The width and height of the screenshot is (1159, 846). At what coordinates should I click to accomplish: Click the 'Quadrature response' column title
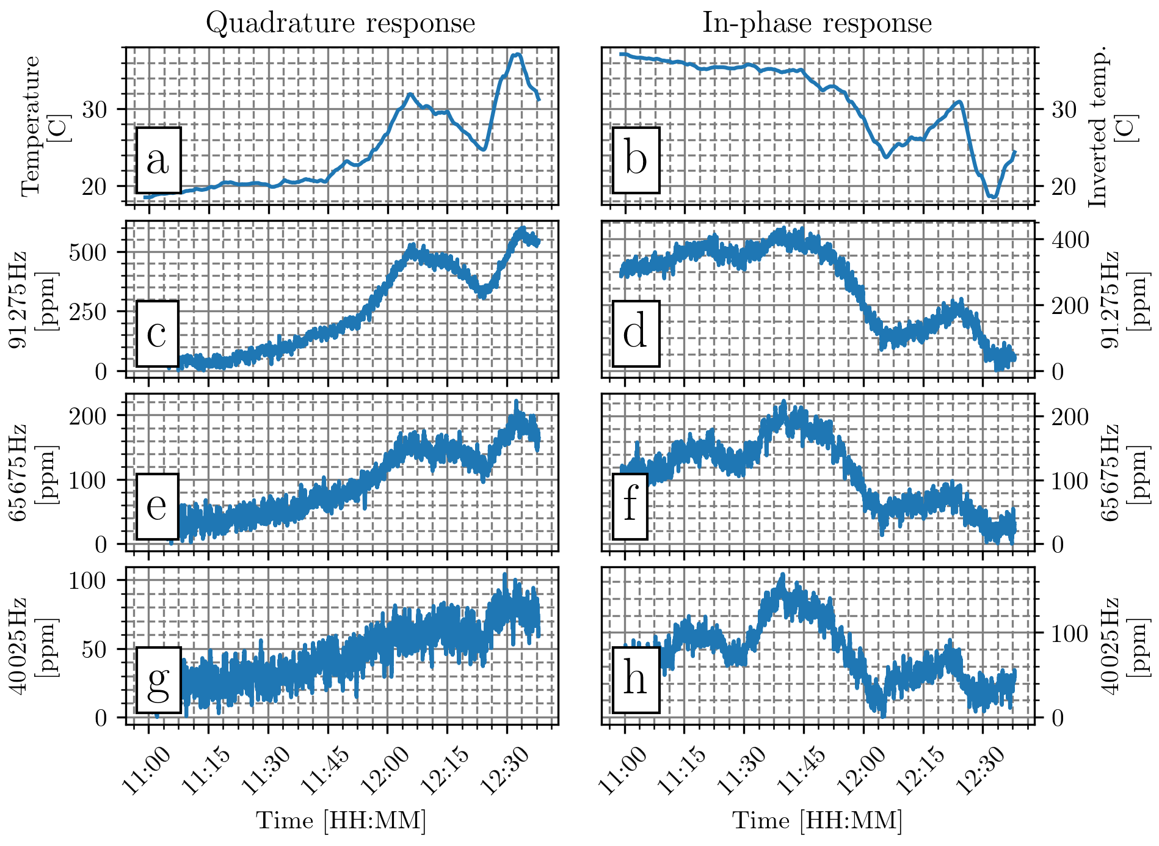pos(340,23)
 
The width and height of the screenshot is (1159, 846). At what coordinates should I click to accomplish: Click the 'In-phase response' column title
pos(817,23)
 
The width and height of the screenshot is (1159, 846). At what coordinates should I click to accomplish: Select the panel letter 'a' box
pos(158,160)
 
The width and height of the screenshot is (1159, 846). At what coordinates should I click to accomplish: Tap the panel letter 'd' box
pos(636,334)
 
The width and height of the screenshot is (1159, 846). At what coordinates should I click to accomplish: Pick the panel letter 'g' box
pos(158,680)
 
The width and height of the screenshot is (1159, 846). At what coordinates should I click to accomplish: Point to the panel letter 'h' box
pos(636,680)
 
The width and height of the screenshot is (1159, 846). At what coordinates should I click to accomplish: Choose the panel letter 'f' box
pos(630,506)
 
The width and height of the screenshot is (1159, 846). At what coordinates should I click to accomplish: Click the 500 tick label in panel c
pos(88,252)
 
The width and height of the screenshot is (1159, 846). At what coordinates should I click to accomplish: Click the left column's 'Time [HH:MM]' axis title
pos(341,820)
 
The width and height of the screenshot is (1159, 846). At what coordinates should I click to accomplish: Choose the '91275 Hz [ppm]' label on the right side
pos(1121,299)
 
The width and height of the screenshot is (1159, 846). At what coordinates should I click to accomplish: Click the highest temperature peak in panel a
pos(518,54)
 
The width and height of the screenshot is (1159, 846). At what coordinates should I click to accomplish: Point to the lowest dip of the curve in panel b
pos(994,197)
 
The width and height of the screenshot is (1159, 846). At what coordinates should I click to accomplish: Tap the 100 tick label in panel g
pos(88,580)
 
